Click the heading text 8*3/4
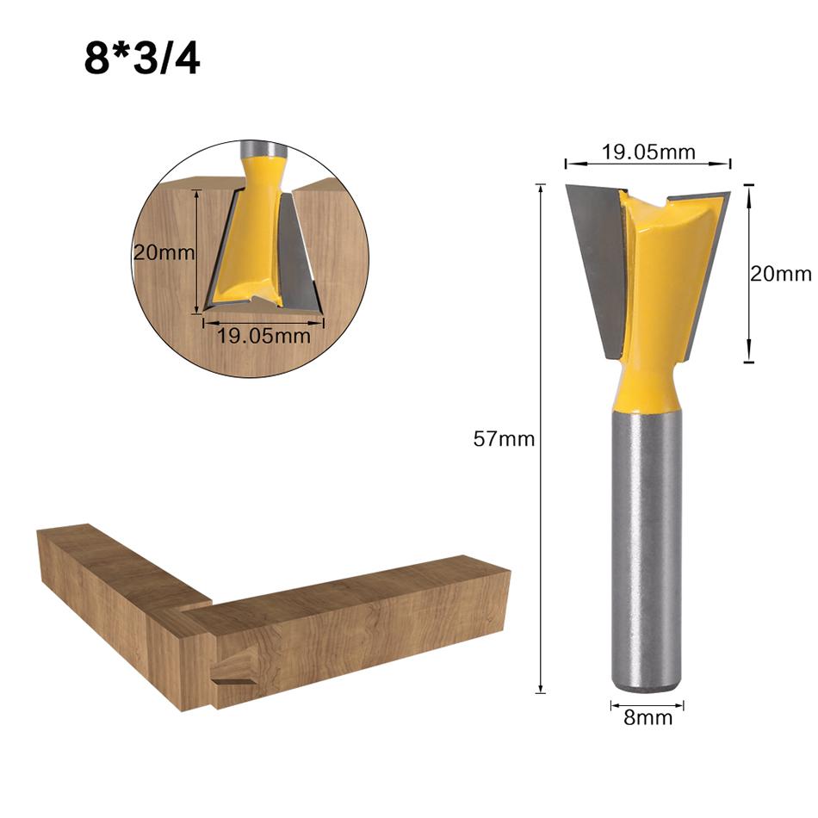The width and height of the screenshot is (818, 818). tap(142, 58)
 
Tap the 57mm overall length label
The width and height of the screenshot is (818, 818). tap(504, 439)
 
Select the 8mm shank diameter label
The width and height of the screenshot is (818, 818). tap(648, 717)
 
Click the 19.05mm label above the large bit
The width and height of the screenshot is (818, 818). tap(648, 152)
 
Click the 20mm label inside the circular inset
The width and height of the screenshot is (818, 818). tap(164, 253)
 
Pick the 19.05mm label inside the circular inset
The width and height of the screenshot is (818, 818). tap(263, 336)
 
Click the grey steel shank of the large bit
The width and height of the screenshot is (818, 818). tap(646, 551)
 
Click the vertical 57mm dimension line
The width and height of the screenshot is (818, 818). tap(541, 560)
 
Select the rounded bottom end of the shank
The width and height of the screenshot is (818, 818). tap(646, 685)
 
